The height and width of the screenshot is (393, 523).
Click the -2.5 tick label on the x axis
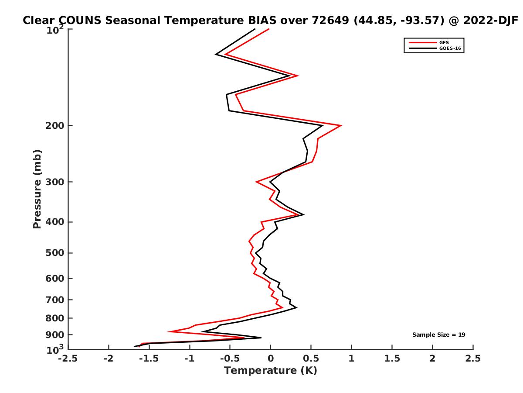pyautogui.click(x=68, y=359)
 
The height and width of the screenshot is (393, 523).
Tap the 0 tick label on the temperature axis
pyautogui.click(x=270, y=359)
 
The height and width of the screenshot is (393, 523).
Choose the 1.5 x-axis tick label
pyautogui.click(x=392, y=359)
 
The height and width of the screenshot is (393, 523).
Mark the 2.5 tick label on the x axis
pyautogui.click(x=473, y=359)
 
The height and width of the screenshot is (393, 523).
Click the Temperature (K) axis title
pyautogui.click(x=270, y=371)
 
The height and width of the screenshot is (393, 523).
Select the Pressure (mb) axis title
pyautogui.click(x=37, y=189)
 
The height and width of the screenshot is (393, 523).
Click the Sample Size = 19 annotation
pyautogui.click(x=439, y=335)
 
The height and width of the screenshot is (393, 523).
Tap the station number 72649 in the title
pyautogui.click(x=323, y=21)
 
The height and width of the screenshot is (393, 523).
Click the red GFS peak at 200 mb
pyautogui.click(x=341, y=126)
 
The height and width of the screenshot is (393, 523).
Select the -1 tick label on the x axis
pyautogui.click(x=189, y=359)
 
